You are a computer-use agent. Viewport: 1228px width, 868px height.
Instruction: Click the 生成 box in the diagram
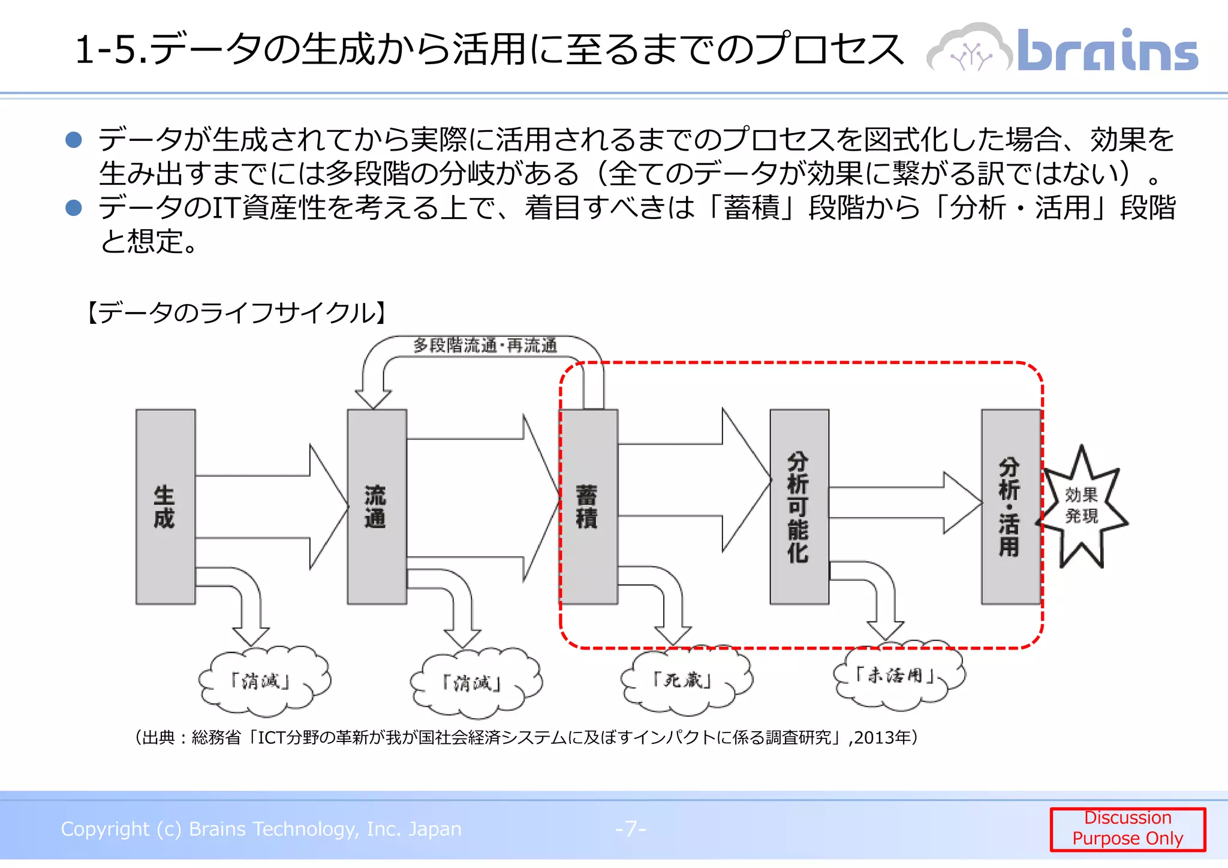(165, 507)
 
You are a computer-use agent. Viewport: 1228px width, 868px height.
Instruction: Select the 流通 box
(377, 507)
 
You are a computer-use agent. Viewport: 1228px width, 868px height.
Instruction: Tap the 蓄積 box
(588, 507)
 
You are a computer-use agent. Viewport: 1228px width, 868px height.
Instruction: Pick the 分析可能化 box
(799, 507)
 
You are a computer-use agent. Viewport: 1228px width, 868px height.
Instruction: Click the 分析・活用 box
(1010, 507)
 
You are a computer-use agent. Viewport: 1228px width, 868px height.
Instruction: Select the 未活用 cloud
(898, 676)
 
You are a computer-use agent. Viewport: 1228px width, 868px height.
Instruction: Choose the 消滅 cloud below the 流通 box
(475, 683)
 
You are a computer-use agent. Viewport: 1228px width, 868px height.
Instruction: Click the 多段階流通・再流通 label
(484, 346)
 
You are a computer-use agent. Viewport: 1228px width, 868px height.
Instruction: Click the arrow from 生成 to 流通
(270, 507)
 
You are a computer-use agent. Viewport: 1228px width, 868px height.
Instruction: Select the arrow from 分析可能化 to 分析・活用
(902, 503)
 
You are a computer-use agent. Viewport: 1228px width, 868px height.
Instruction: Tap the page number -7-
(630, 829)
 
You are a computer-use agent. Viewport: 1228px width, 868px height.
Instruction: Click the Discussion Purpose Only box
(1127, 828)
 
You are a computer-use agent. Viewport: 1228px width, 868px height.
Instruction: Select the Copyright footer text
(261, 829)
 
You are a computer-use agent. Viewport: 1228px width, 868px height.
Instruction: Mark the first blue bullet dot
(74, 140)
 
